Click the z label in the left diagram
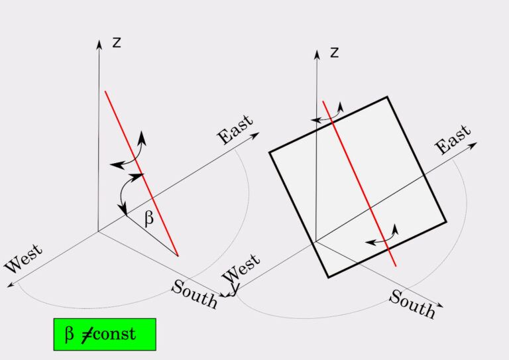[117, 43]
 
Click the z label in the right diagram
[334, 52]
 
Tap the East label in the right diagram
[453, 139]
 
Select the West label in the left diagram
[24, 259]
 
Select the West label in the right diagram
[241, 267]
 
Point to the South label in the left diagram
[194, 294]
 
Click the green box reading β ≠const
[104, 334]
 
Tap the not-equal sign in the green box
[86, 334]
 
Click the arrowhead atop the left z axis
[99, 44]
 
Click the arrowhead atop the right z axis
[316, 52]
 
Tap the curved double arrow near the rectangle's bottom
[382, 236]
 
